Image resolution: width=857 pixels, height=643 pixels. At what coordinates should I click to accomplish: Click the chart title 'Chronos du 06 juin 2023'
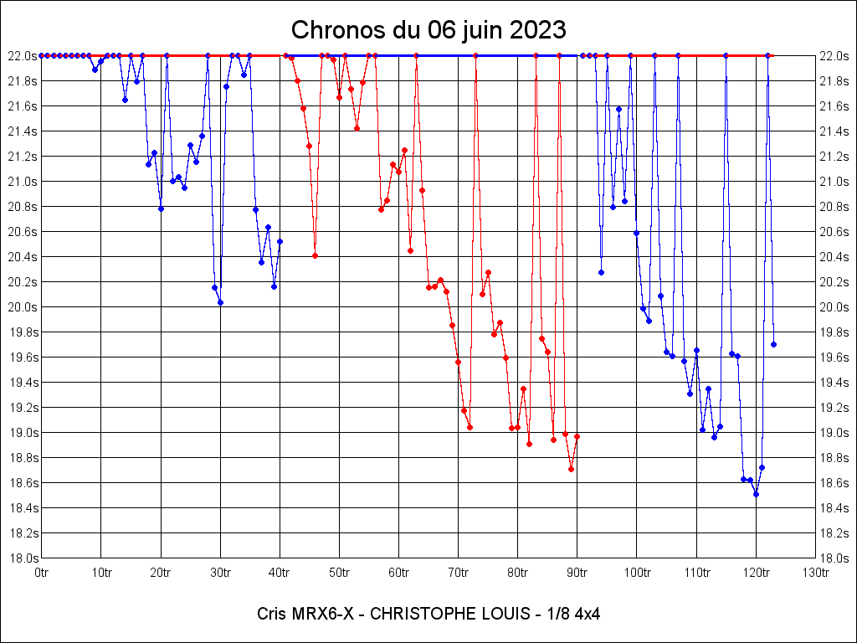point(428,30)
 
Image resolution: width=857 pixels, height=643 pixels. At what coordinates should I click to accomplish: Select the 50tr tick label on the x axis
point(339,572)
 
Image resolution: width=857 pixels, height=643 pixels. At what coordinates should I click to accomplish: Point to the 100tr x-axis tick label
point(637,572)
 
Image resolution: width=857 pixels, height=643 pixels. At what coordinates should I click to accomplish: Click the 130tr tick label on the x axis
point(815,572)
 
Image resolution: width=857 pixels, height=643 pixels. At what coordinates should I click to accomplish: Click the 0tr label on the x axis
point(42,572)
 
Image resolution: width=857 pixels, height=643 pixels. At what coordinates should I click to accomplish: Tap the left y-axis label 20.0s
point(23,306)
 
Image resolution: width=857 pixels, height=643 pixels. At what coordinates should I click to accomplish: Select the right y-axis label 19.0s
point(834,432)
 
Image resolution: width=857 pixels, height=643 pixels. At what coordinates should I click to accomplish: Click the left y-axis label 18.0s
point(23,558)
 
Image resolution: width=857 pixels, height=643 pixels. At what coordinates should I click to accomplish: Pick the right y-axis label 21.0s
point(834,181)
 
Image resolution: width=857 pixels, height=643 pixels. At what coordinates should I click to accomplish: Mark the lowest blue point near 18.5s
point(756,494)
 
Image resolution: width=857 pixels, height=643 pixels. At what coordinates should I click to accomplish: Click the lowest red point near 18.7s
point(571,469)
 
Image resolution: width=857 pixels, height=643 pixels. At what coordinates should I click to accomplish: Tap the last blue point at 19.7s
point(773,344)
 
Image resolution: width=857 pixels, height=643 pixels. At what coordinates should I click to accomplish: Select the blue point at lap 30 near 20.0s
point(220,302)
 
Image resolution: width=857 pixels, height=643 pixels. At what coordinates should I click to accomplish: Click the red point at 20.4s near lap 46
point(315,255)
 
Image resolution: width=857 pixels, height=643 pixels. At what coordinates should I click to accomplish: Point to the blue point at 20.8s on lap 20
point(161,208)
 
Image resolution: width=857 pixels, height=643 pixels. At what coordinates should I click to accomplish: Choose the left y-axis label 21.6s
point(23,105)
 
